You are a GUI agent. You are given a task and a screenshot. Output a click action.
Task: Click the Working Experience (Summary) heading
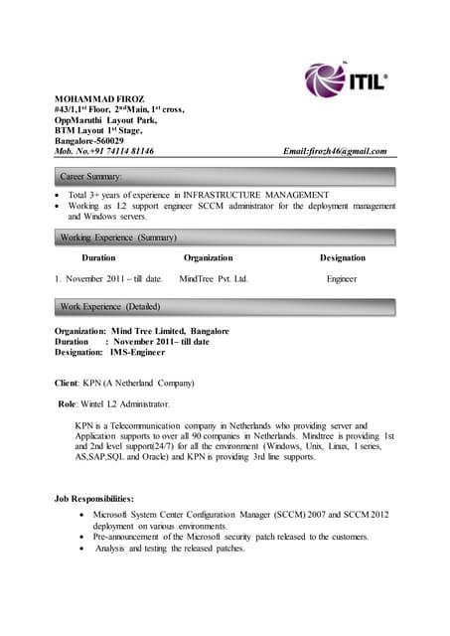118,238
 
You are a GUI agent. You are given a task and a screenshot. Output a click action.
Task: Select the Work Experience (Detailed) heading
110,306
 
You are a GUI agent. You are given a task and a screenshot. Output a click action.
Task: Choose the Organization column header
210,257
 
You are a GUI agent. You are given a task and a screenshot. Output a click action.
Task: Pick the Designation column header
342,257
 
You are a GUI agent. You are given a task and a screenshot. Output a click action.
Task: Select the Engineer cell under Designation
341,279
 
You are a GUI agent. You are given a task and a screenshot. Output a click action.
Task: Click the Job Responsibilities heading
100,497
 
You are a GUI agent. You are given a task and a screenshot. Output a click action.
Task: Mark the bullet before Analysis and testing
81,548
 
